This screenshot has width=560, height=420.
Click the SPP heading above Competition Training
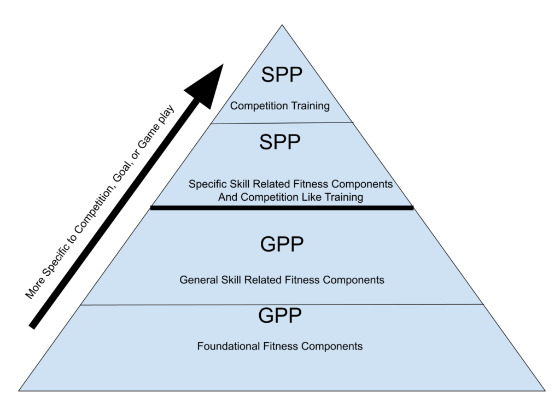click(281, 74)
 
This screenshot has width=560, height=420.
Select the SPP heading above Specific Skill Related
click(279, 142)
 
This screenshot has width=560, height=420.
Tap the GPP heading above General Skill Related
click(282, 244)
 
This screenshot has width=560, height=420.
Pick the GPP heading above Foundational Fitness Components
click(279, 316)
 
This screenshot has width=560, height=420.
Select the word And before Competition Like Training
click(227, 197)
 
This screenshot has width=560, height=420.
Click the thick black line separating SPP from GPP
click(282, 208)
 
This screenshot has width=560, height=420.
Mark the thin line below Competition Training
click(281, 123)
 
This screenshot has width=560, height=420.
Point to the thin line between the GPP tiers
click(282, 305)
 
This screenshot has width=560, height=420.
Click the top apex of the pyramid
click(282, 27)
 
